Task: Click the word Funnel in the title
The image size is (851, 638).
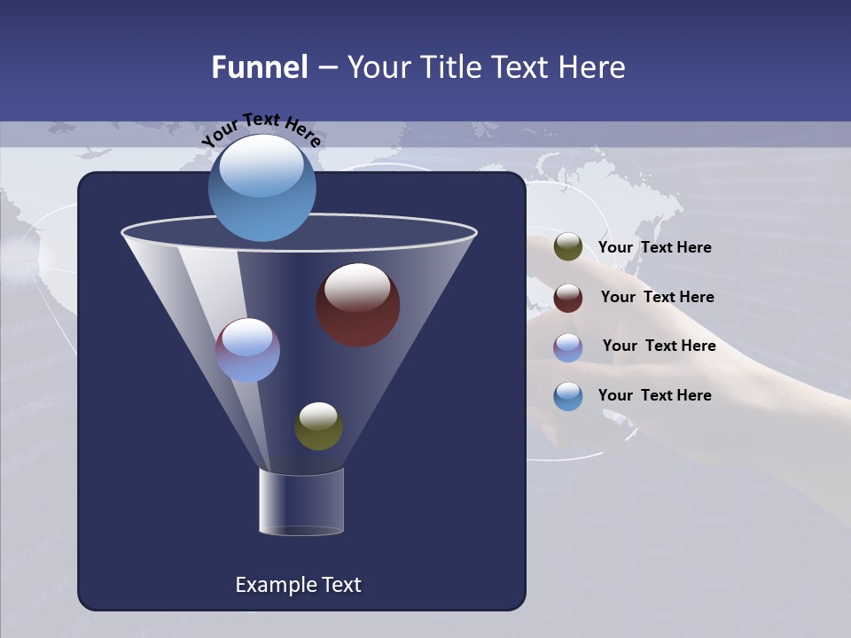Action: click(259, 67)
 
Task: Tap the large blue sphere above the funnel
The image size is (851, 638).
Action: click(262, 188)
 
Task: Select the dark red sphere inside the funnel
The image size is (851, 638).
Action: click(358, 305)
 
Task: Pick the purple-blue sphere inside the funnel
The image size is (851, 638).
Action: click(247, 350)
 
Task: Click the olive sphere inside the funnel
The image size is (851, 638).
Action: click(318, 426)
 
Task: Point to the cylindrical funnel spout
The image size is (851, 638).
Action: click(301, 502)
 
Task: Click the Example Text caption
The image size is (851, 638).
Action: click(298, 585)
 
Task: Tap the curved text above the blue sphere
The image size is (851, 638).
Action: click(262, 129)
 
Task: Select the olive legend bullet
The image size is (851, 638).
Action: click(568, 247)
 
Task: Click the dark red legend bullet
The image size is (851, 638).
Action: click(568, 298)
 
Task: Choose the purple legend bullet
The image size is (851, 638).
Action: click(568, 347)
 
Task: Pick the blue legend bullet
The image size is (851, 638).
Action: click(568, 396)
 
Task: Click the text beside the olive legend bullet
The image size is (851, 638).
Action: click(654, 248)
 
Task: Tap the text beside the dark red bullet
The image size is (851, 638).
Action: click(657, 298)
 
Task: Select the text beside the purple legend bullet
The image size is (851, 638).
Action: click(659, 346)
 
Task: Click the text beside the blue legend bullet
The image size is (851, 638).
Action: click(654, 395)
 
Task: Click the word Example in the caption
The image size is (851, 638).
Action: click(269, 585)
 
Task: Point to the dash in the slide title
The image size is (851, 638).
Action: click(327, 68)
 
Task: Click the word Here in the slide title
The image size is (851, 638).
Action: click(594, 67)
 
